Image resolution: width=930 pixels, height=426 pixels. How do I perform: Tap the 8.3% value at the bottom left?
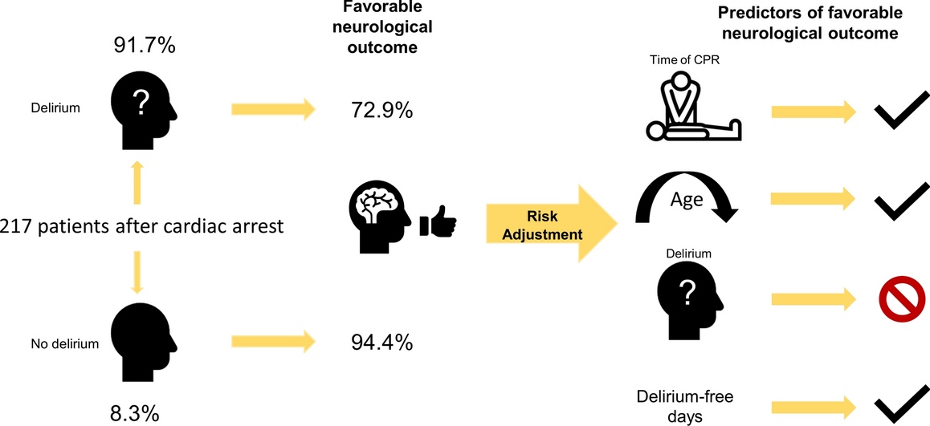point(134,413)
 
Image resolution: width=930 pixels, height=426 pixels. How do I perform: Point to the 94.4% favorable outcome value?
point(382,343)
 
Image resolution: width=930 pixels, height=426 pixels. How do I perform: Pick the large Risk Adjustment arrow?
point(546,223)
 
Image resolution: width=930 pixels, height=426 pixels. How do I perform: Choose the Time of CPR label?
point(683,61)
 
